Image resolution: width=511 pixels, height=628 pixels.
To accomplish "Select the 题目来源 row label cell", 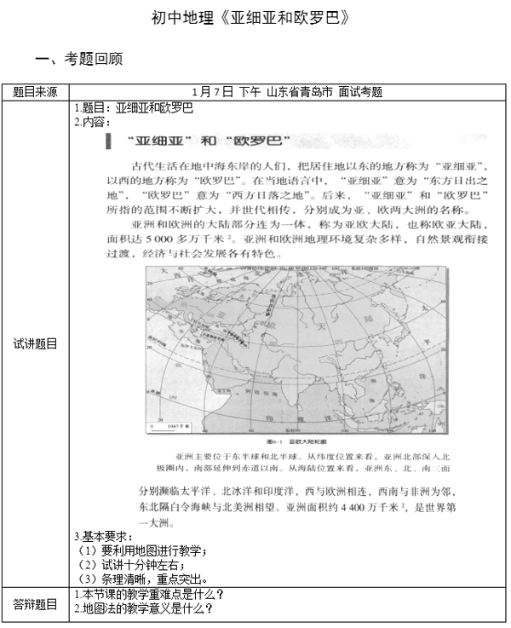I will pos(36,92).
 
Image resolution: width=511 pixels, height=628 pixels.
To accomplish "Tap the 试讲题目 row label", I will pos(36,344).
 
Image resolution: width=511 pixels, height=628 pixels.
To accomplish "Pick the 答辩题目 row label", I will pos(36,604).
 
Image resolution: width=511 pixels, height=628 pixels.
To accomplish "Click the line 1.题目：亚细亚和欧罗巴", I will pos(135,108).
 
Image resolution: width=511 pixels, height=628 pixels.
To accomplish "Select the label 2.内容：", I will pos(93,122).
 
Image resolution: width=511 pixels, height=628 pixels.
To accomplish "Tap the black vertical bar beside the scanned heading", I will pos(107,141).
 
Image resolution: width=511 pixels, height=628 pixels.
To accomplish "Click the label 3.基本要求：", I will pos(104,537).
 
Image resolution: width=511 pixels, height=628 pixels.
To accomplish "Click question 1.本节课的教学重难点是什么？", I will pos(150,594).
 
